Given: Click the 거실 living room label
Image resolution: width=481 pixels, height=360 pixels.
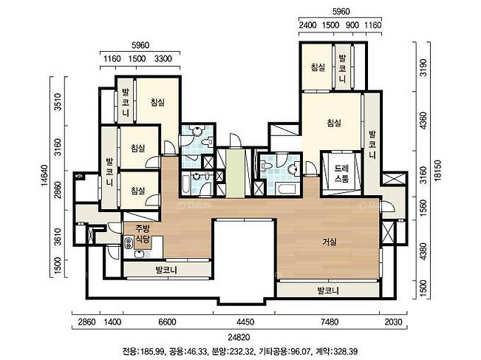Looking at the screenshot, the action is point(330,242).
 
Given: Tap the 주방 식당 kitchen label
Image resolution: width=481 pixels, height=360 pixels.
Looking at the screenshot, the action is point(143,233).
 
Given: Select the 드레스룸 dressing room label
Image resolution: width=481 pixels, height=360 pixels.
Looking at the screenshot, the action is point(341,174).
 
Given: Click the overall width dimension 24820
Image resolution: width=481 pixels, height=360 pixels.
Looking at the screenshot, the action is point(239,337).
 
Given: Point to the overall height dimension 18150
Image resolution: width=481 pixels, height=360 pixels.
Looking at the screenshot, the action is point(438,171).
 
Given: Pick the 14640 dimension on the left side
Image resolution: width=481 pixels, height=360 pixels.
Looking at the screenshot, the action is point(44,175).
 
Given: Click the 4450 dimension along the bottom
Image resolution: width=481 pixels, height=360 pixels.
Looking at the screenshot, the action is point(245,322).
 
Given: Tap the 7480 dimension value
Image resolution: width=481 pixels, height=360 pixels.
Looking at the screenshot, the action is point(329,322).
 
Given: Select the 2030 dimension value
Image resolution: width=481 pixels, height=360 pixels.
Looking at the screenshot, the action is point(392,322).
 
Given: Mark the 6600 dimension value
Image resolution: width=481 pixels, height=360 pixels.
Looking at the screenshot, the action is point(167,322).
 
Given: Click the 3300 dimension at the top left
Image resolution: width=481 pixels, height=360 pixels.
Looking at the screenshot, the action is point(163,58).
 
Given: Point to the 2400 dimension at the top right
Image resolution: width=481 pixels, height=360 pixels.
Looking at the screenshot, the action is point(307,25).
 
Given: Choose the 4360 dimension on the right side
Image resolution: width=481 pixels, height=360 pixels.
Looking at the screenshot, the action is point(423,120).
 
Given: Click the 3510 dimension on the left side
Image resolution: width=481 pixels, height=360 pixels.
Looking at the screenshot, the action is point(58,102).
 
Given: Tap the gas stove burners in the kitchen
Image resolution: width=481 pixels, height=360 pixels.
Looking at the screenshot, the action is point(129,242).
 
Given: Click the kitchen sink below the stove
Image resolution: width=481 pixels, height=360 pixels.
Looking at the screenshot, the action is point(140,254).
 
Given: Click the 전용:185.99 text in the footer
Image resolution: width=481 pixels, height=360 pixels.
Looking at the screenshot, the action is point(144,351).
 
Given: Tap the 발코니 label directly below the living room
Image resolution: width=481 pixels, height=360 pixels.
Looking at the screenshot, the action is point(328,291).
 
